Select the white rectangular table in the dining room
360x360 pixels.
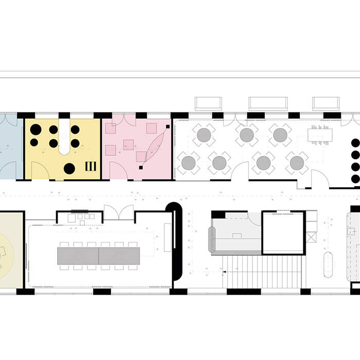(320, 135)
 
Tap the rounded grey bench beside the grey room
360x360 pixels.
(211, 240)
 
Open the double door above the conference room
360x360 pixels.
(119, 213)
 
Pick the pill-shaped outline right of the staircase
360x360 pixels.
(329, 264)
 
